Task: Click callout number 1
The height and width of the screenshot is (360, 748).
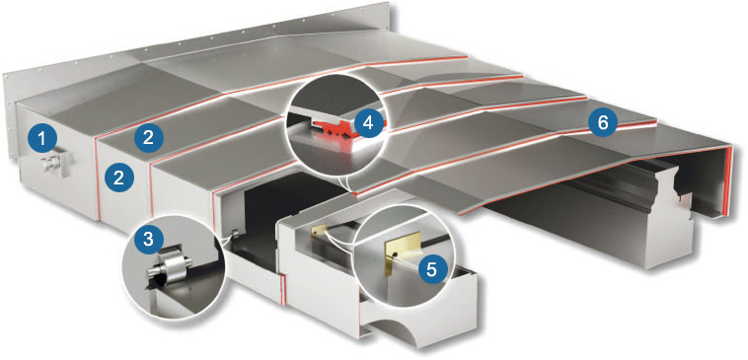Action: pos(43,139)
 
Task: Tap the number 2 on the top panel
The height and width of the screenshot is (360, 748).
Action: pos(148,138)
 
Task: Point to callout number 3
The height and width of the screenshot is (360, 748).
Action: pos(148,239)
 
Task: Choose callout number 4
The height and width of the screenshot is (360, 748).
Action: pos(368,123)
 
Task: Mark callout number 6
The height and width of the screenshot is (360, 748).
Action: pos(603,123)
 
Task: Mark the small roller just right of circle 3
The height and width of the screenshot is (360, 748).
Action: pos(235,234)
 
